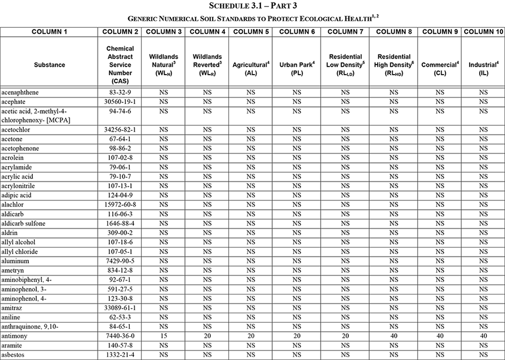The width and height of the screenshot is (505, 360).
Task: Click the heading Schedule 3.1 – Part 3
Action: [x=252, y=6]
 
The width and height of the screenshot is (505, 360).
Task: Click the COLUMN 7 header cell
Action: [x=345, y=31]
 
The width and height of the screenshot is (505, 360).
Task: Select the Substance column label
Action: [x=49, y=65]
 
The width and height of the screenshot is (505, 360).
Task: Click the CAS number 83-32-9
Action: [x=119, y=92]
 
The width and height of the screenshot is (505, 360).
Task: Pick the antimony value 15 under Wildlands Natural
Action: [x=163, y=336]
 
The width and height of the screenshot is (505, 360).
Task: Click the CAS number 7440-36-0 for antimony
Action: [x=119, y=336]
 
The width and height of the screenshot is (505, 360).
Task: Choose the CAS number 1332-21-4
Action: [x=119, y=354]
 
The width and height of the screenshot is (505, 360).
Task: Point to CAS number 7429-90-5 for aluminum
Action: [x=119, y=261]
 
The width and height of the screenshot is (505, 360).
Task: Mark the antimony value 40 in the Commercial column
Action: [x=439, y=336]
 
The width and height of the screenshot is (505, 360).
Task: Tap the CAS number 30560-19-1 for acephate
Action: [x=119, y=101]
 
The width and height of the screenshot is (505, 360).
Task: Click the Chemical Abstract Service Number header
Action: [x=119, y=65]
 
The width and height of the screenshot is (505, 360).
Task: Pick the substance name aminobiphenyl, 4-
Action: [x=26, y=279]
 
